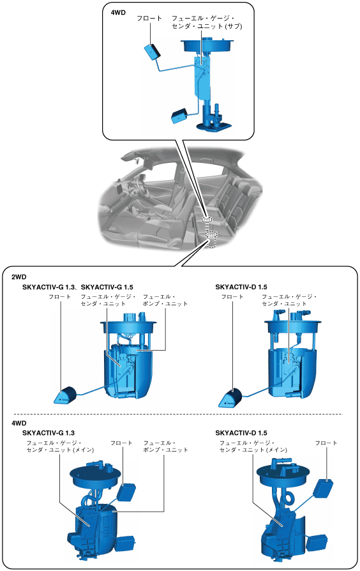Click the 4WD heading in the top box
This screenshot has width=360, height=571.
pos(118,12)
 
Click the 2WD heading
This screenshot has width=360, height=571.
pos(19,277)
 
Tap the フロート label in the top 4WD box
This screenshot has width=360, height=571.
pos(149,18)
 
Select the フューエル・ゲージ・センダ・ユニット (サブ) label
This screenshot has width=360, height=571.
pos(207,22)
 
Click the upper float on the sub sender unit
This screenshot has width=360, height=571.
pos(153,52)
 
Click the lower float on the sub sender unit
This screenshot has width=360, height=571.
pos(180,116)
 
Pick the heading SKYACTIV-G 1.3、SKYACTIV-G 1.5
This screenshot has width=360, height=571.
pos(77,287)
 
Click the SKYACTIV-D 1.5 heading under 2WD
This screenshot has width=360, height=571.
pos(241,287)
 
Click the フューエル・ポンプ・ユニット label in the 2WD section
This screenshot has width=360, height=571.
pos(165,300)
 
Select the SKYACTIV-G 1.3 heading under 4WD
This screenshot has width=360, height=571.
pos(49,432)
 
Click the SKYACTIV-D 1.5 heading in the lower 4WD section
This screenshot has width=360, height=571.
pos(241,432)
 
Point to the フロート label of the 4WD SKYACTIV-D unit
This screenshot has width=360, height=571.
pos(326,443)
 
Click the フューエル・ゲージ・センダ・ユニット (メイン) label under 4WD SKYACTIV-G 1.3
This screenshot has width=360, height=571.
pos(60,446)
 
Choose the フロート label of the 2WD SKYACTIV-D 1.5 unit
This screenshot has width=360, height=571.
pos(232,297)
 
